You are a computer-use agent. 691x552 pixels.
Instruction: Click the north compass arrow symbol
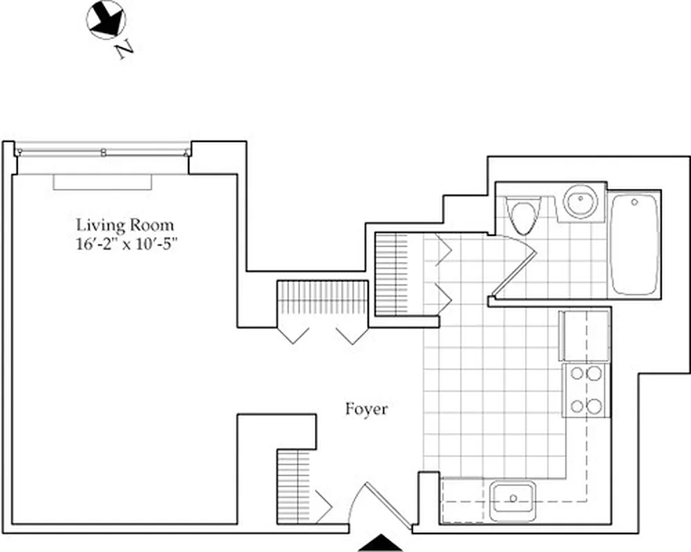(x=106, y=20)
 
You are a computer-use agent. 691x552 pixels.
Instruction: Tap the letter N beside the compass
(x=124, y=50)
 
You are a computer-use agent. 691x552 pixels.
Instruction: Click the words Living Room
(x=125, y=224)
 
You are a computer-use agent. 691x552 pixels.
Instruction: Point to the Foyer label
(x=366, y=409)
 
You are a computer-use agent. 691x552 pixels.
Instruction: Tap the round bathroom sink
(x=580, y=201)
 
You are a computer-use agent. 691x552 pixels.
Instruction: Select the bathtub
(x=634, y=244)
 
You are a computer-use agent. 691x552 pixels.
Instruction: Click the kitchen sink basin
(x=513, y=497)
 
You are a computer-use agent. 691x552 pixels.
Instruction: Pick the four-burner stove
(x=586, y=391)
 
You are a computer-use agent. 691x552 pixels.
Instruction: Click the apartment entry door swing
(x=377, y=507)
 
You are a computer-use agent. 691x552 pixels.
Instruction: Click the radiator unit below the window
(x=102, y=181)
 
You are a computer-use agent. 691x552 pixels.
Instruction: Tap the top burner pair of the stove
(x=586, y=375)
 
